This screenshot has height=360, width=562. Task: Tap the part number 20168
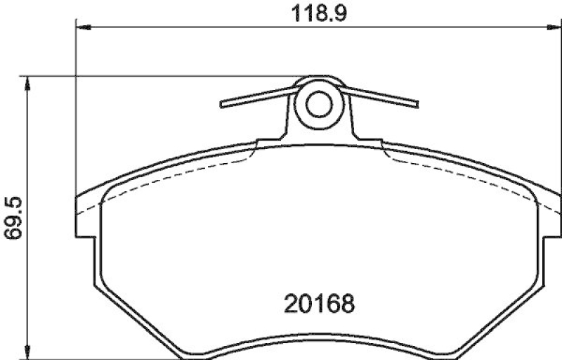319,304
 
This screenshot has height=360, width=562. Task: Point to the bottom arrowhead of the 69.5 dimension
28,351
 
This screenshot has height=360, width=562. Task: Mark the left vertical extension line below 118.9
75,105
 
